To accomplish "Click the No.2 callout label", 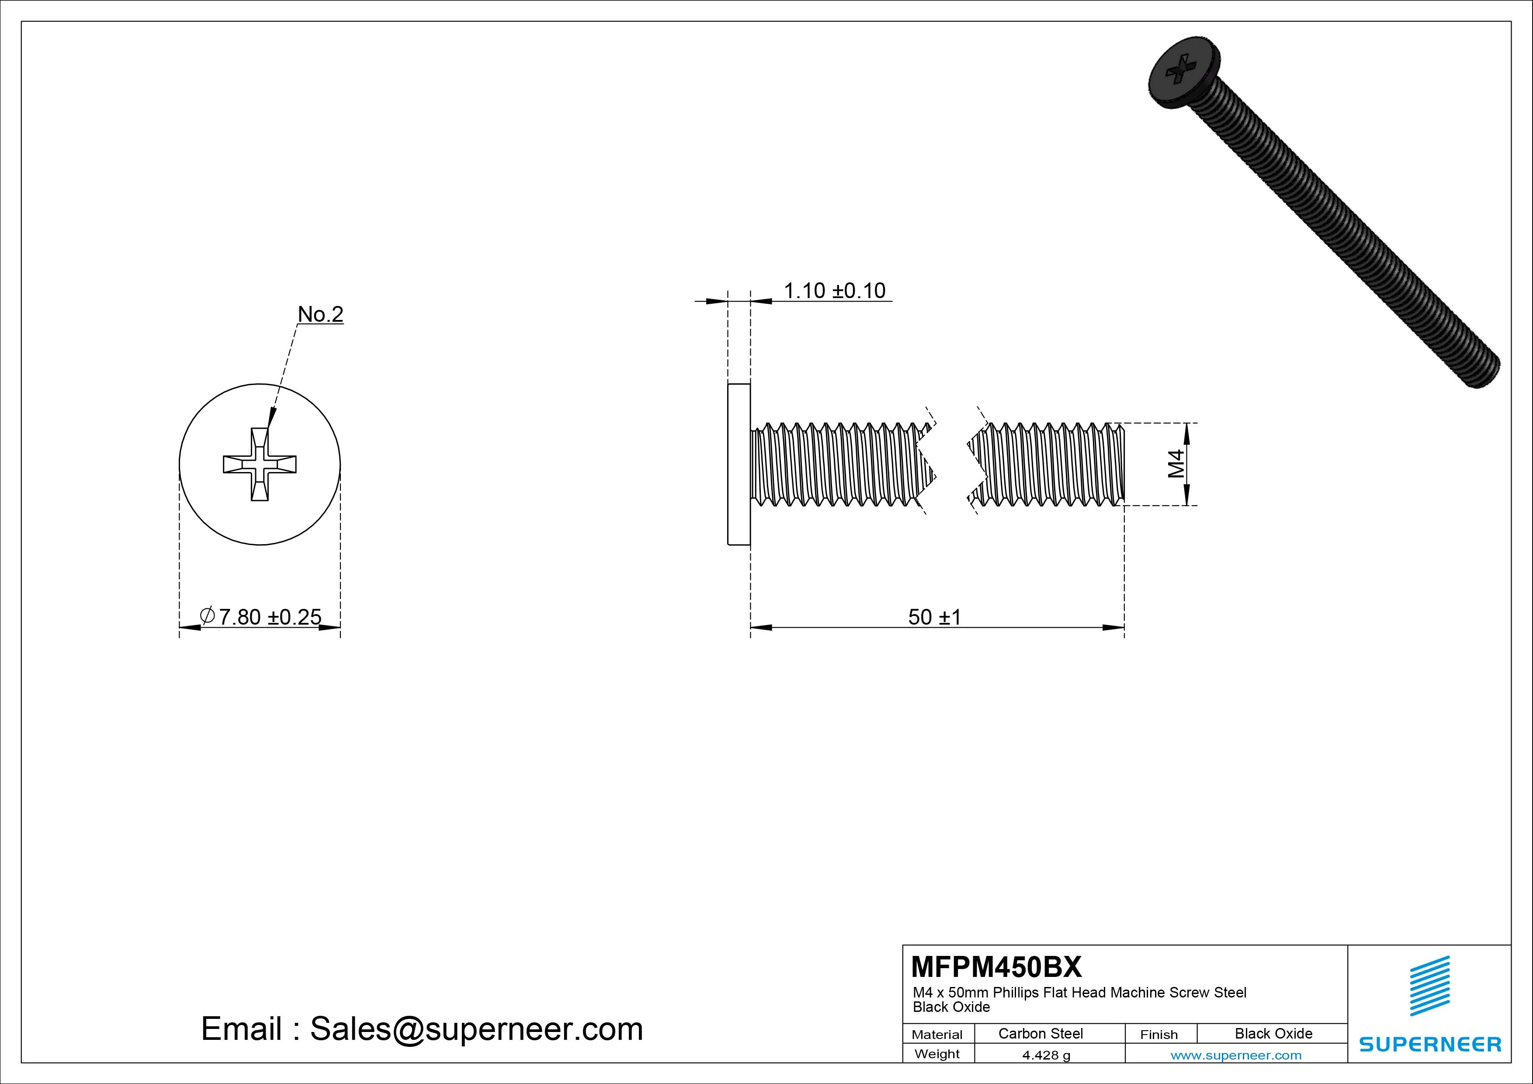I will click(320, 314).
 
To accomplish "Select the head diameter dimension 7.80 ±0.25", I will click(269, 616).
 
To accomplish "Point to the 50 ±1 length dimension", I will click(934, 616).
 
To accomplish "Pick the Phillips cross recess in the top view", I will click(260, 464).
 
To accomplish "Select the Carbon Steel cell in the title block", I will click(1040, 1033).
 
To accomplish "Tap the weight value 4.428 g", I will click(1046, 1055).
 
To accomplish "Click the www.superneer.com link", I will click(1236, 1055).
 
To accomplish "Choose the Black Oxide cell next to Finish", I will click(1273, 1033).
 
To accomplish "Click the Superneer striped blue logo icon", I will click(1429, 986).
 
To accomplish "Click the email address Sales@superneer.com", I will click(476, 1028).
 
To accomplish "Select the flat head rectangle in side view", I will click(739, 464).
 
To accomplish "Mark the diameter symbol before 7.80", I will click(208, 615).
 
